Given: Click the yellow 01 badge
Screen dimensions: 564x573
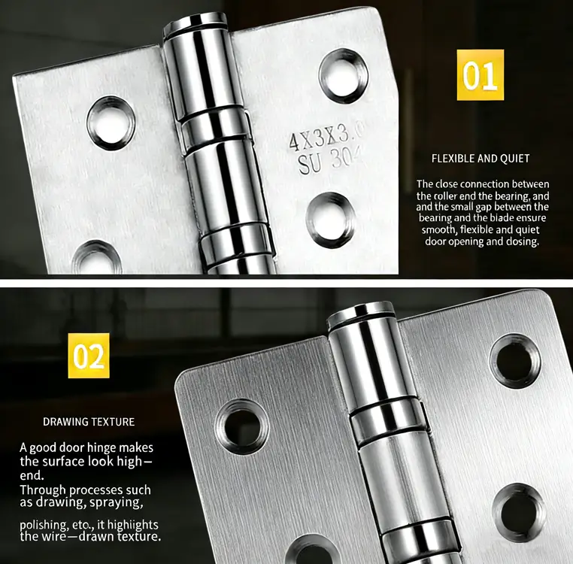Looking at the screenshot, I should pyautogui.click(x=480, y=75).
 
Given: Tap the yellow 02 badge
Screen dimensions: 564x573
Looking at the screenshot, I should pyautogui.click(x=89, y=356).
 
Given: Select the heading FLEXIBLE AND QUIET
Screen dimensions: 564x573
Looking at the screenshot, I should pyautogui.click(x=481, y=159).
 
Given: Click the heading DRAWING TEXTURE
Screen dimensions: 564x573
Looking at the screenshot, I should pyautogui.click(x=89, y=422).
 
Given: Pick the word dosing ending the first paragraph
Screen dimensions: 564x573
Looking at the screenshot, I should pyautogui.click(x=523, y=241).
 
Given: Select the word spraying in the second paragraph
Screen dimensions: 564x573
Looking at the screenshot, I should pyautogui.click(x=117, y=502).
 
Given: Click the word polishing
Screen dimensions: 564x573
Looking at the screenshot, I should pyautogui.click(x=44, y=524).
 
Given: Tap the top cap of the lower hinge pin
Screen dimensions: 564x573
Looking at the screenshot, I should pyautogui.click(x=361, y=310).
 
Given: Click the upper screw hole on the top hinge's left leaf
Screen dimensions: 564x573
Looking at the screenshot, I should pyautogui.click(x=111, y=123).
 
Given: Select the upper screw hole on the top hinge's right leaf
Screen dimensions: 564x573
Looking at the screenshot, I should pyautogui.click(x=343, y=75).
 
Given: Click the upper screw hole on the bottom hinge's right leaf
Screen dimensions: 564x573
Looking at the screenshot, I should pyautogui.click(x=515, y=360).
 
